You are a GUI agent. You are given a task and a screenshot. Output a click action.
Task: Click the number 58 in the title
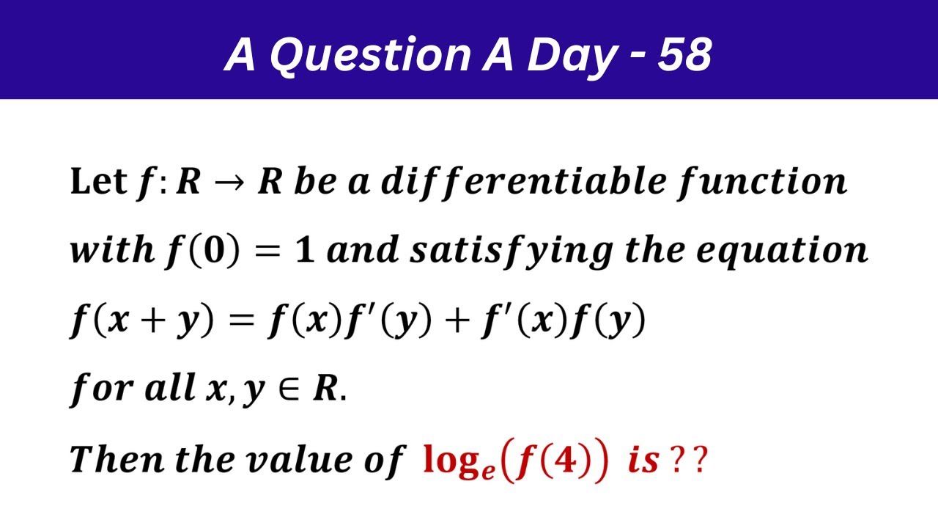pyautogui.click(x=684, y=54)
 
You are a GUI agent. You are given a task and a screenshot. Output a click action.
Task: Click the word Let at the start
pyautogui.click(x=98, y=181)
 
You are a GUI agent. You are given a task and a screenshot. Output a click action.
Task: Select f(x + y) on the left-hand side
pyautogui.click(x=142, y=321)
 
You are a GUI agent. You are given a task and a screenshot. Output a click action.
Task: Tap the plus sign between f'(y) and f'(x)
pyautogui.click(x=459, y=321)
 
